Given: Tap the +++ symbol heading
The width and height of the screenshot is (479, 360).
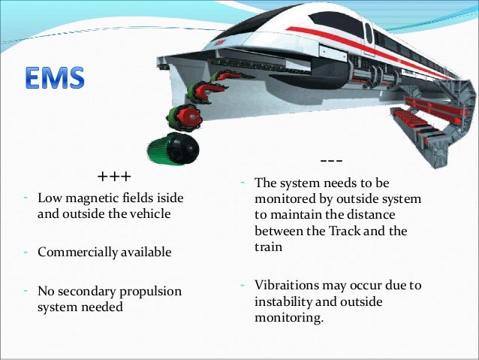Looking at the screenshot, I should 114,177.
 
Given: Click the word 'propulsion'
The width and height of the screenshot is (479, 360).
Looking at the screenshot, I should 154,291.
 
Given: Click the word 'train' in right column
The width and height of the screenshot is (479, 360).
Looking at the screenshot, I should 269,247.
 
